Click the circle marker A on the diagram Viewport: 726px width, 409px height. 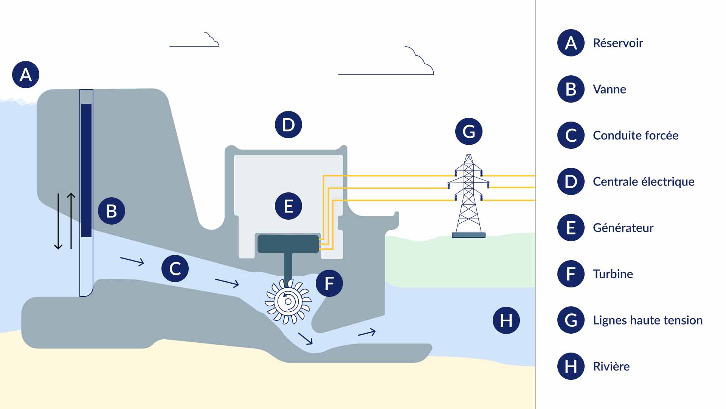tap(26, 75)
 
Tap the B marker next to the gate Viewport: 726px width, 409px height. tap(112, 211)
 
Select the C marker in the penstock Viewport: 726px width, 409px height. tap(175, 269)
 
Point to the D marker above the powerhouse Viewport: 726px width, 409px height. tap(289, 125)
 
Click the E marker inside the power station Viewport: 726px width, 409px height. tap(289, 206)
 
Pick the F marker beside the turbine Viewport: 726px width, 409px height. tap(329, 283)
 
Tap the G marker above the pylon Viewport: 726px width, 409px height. tap(469, 131)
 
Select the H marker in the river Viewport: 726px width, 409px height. tap(506, 320)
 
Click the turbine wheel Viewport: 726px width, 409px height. tap(288, 302)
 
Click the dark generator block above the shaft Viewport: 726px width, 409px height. tap(288, 244)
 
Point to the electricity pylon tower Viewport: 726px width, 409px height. tap(468, 197)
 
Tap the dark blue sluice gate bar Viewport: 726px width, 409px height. tap(87, 170)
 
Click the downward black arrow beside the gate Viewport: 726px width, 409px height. tap(58, 222)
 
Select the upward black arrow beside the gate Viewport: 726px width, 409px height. tap(71, 222)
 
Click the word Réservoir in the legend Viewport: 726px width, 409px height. tap(618, 43)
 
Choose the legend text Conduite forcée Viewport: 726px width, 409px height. tap(636, 136)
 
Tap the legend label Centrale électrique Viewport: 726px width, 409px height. tap(644, 182)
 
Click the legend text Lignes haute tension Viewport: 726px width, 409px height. tap(648, 320)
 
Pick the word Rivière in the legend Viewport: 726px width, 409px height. tap(611, 367)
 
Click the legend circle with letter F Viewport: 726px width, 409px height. tap(571, 274)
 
